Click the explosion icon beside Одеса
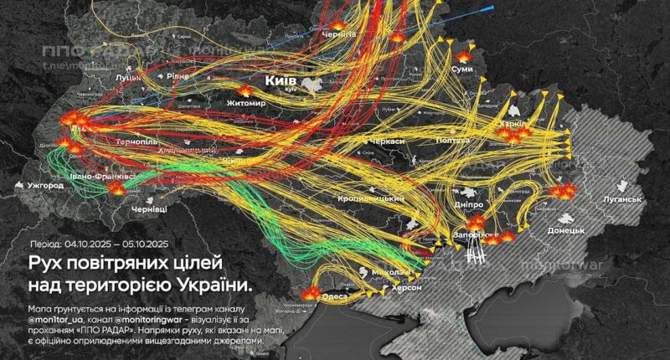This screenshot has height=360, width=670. (313, 295)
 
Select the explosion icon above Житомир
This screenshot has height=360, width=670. (245, 90)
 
